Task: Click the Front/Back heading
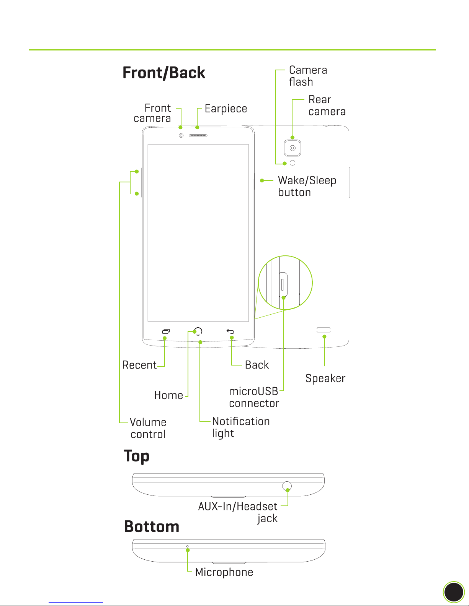(164, 73)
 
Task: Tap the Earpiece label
(226, 109)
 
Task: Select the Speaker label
(325, 379)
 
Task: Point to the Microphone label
(224, 572)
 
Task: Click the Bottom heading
(152, 526)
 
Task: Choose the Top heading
(137, 457)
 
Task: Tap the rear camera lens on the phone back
(293, 148)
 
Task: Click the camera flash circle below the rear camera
(293, 163)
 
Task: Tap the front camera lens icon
(181, 135)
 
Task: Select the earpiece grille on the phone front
(198, 135)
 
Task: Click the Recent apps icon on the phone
(166, 331)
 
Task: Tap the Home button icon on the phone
(198, 331)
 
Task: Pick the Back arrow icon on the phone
(230, 331)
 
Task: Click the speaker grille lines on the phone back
(324, 330)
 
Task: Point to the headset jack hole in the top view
(287, 486)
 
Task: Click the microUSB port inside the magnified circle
(283, 284)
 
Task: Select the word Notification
(241, 421)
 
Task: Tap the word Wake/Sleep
(307, 181)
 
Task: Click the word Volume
(148, 422)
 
